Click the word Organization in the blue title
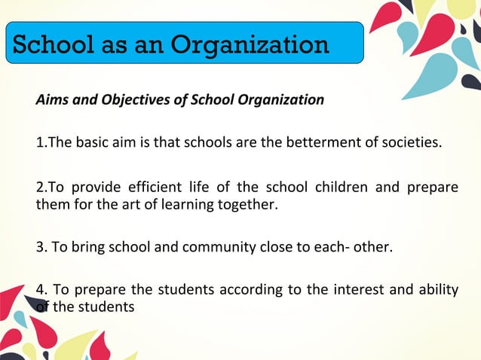point(250,44)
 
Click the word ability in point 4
point(438,290)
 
